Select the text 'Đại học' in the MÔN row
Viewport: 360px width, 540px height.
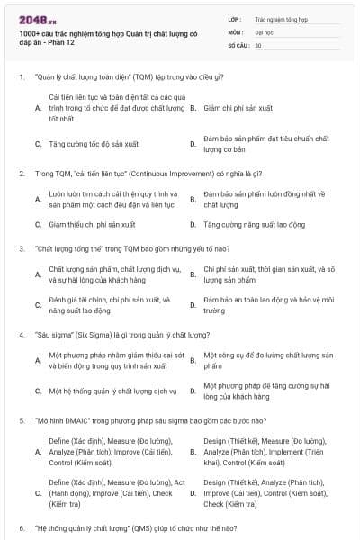(x=263, y=31)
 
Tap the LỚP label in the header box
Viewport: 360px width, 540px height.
(x=235, y=18)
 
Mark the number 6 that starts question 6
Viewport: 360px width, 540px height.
(x=21, y=527)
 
